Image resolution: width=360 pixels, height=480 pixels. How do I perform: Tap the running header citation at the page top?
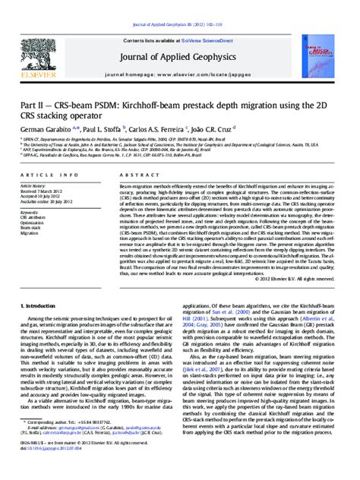[179, 6]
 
